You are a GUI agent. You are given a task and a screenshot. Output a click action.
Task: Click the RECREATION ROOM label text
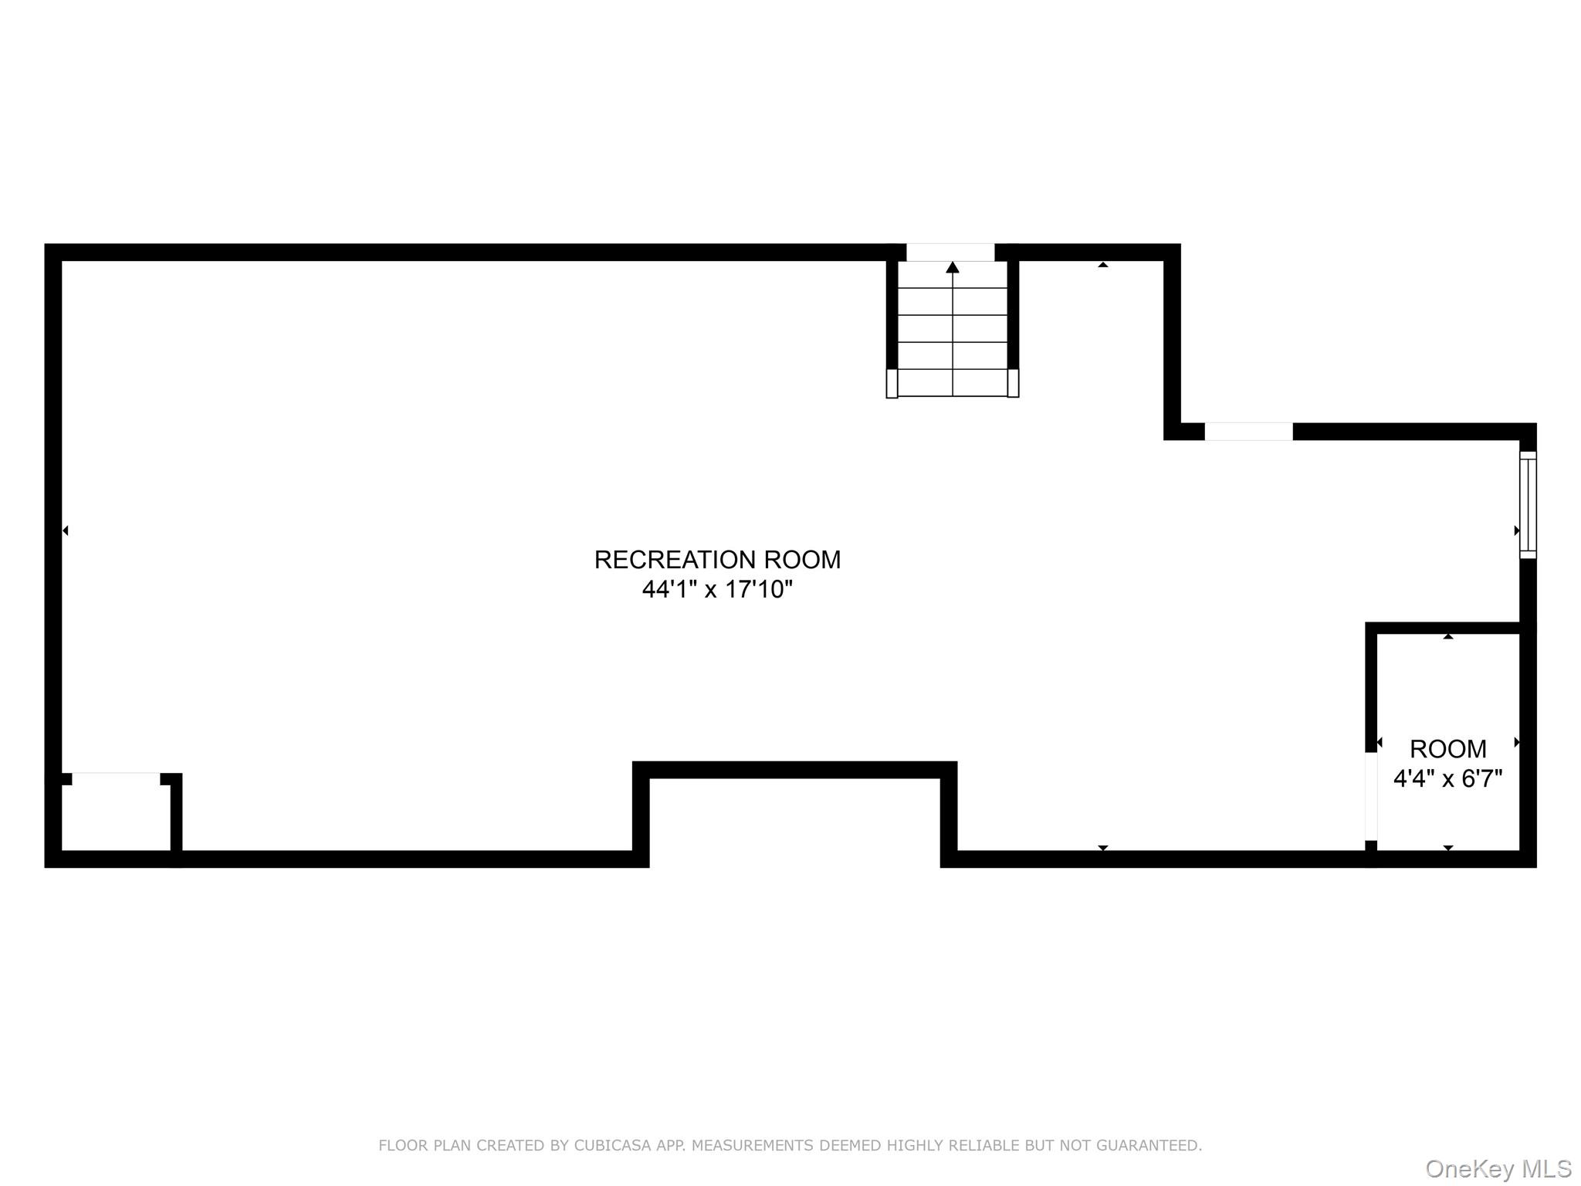click(717, 560)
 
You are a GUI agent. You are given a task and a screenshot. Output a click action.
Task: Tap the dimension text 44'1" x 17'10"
click(717, 590)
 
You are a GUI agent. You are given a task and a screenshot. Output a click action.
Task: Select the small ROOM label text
click(1447, 749)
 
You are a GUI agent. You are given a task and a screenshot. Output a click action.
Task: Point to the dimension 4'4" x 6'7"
click(1447, 778)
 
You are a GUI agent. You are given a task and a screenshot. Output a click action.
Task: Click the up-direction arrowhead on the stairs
click(953, 267)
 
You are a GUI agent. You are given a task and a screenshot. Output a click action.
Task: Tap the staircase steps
click(953, 329)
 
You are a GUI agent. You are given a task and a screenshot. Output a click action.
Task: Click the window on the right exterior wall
click(1528, 505)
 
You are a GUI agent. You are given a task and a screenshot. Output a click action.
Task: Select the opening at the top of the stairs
click(950, 252)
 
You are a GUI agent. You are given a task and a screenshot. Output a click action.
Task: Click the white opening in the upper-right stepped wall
click(1248, 432)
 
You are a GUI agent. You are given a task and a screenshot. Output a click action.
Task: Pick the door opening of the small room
click(1371, 796)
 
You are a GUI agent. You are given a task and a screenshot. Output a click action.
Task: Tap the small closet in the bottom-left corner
click(116, 818)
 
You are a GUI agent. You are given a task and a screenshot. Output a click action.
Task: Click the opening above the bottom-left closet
click(116, 779)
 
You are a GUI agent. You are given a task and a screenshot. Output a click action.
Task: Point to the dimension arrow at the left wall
click(66, 530)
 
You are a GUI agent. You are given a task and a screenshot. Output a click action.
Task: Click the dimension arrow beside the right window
click(1517, 530)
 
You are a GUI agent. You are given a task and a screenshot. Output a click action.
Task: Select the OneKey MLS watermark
click(1498, 1168)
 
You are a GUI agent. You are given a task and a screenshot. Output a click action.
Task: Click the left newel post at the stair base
click(892, 383)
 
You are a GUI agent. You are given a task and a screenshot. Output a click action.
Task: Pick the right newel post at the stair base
click(1013, 383)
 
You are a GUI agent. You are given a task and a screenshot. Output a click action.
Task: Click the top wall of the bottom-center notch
click(795, 770)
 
